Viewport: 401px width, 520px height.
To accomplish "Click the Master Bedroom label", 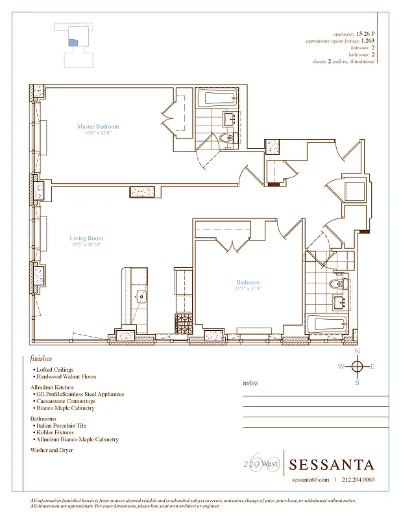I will [98, 127].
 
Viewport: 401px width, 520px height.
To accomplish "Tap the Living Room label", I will [86, 239].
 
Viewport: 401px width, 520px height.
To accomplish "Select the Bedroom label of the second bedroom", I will [248, 283].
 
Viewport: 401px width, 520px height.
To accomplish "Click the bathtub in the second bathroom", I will [328, 323].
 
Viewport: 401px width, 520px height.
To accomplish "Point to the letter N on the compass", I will [356, 352].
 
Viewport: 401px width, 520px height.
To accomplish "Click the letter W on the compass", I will [341, 367].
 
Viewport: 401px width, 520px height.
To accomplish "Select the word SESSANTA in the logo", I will [331, 465].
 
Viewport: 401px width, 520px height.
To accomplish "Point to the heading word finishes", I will [41, 358].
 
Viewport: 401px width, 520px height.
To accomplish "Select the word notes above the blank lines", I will [250, 383].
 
